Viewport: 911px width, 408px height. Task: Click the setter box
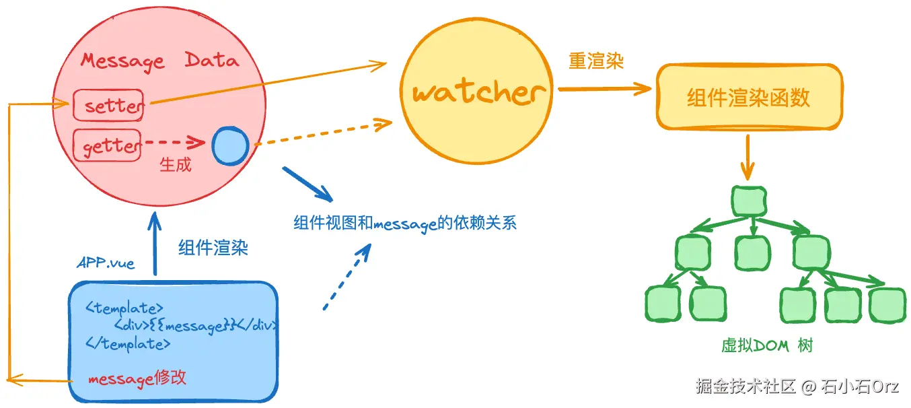[x=108, y=105]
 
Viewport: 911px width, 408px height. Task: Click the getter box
[x=108, y=145]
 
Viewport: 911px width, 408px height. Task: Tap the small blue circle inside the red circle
[x=230, y=146]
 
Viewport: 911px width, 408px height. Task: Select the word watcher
[x=478, y=93]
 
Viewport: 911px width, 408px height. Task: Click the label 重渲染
[x=596, y=61]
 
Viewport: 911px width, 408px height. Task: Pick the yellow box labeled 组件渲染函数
[x=749, y=97]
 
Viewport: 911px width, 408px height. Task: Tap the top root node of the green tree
[x=749, y=201]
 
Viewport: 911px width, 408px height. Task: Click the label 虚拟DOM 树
[x=767, y=345]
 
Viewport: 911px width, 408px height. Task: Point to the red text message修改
[x=137, y=378]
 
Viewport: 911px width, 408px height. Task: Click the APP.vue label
[x=106, y=263]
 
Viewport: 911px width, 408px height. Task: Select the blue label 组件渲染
[x=213, y=247]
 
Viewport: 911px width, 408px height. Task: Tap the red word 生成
[x=176, y=165]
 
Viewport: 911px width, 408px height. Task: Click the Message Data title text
[x=160, y=61]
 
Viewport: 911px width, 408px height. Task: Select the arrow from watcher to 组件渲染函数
[x=605, y=89]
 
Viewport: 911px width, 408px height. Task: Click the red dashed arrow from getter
[x=176, y=142]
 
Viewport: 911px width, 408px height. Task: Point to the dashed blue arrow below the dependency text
[x=347, y=277]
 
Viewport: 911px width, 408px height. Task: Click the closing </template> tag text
[x=128, y=344]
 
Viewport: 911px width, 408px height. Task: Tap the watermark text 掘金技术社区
[x=745, y=386]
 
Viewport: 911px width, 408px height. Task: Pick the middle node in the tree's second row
[x=752, y=253]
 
